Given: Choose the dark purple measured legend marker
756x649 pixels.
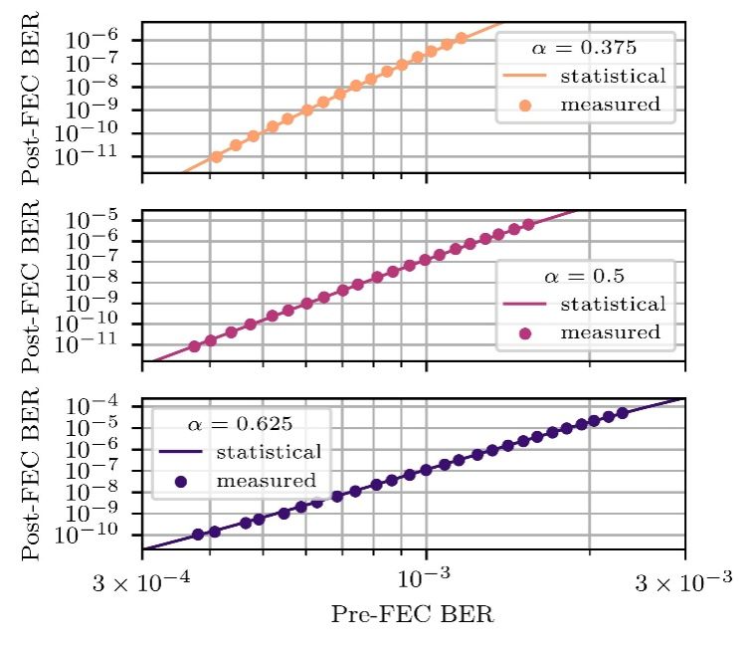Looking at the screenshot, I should [180, 481].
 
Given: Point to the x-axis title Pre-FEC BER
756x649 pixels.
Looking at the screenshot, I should [413, 614].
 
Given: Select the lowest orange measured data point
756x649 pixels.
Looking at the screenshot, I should [216, 157].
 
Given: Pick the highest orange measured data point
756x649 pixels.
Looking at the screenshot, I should [461, 39].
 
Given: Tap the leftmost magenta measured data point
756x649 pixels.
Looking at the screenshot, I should [194, 346].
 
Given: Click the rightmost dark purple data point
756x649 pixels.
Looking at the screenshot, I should [623, 413].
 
